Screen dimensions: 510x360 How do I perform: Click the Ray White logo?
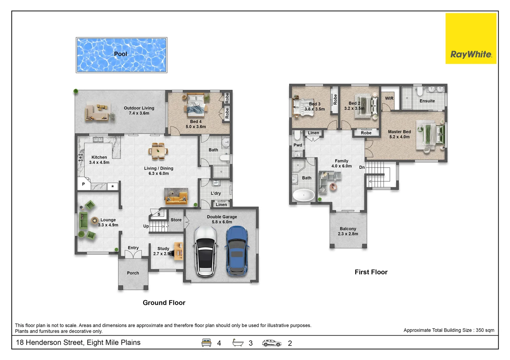[x=471, y=38]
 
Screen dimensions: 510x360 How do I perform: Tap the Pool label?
[x=120, y=54]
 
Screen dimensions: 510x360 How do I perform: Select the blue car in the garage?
[x=237, y=251]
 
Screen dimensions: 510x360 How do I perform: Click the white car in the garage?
[x=205, y=251]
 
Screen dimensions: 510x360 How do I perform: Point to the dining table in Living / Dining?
[x=158, y=151]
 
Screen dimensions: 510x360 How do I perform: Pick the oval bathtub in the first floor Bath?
[x=304, y=195]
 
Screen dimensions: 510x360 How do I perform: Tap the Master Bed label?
[x=399, y=134]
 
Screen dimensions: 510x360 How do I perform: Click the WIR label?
[x=389, y=98]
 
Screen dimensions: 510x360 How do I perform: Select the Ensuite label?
[x=427, y=101]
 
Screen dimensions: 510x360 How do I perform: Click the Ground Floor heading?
[x=164, y=303]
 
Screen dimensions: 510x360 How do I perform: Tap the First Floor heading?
[x=371, y=272]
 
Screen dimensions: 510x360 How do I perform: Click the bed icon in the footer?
[x=206, y=343]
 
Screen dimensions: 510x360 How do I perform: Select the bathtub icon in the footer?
[x=238, y=343]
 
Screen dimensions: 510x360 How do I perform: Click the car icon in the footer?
[x=272, y=343]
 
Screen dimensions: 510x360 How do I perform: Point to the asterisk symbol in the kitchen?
[x=112, y=186]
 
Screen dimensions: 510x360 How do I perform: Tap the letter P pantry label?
[x=83, y=184]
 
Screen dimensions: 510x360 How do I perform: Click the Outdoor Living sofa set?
[x=97, y=112]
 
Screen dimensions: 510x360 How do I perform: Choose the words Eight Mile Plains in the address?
[x=114, y=342]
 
